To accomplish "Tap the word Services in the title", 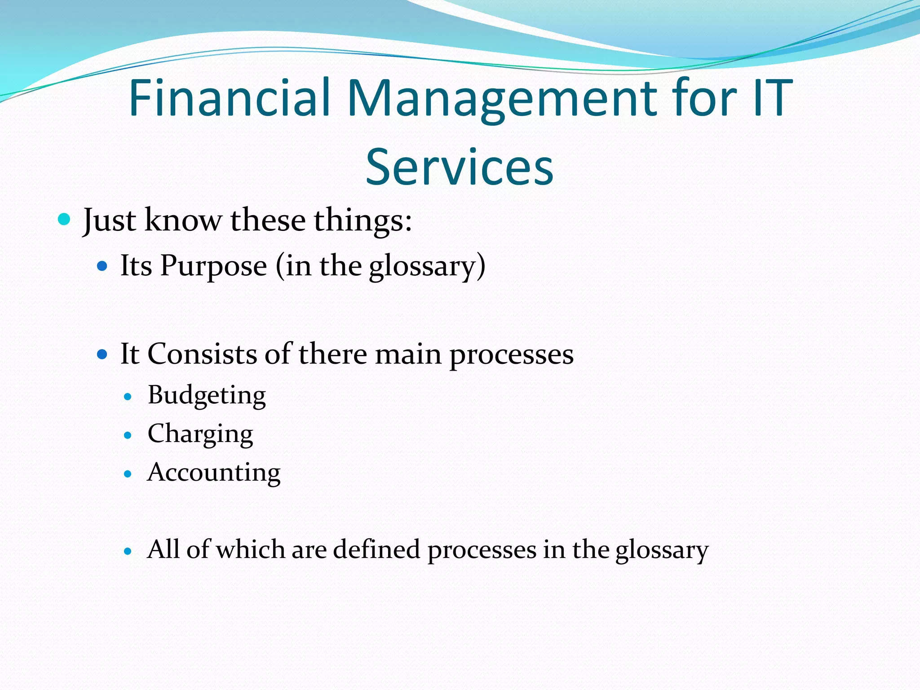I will click(x=459, y=167).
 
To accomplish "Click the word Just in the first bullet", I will click(x=109, y=221).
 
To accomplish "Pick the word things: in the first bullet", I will click(x=363, y=221).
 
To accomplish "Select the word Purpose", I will click(x=213, y=266).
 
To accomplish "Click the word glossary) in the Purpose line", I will click(x=427, y=266).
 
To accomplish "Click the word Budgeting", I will click(x=207, y=396).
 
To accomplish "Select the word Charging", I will click(x=200, y=434).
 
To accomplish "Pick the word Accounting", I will click(x=214, y=473).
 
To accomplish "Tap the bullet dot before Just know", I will click(x=65, y=220).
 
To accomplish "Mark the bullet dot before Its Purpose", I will click(x=102, y=266).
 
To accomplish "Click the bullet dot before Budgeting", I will click(x=128, y=397).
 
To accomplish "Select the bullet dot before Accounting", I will click(x=128, y=474).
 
